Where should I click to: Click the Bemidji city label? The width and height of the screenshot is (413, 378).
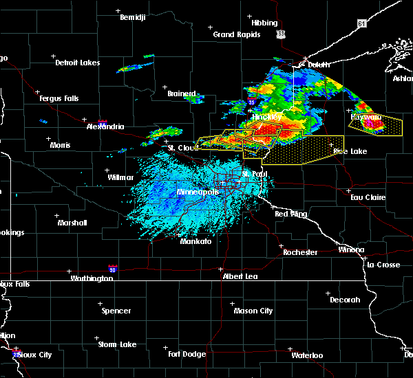[133, 17]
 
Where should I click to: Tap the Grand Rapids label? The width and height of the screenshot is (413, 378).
[236, 34]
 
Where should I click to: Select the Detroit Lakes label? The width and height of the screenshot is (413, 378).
[77, 63]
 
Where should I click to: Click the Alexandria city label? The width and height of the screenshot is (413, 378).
[105, 126]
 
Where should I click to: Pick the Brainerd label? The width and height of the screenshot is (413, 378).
[181, 93]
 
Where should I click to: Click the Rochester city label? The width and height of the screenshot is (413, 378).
[300, 252]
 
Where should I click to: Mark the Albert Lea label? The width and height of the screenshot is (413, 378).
[240, 276]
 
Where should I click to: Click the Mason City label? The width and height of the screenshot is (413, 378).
[253, 311]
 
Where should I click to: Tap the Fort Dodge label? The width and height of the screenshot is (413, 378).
[187, 354]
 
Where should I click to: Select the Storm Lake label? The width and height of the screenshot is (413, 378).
[116, 344]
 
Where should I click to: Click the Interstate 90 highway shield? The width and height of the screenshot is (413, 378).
[112, 269]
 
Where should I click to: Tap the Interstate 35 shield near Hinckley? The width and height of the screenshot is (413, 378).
[252, 102]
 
